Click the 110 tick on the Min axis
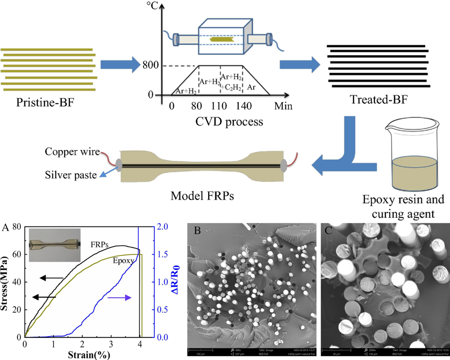220,106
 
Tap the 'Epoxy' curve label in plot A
124,261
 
